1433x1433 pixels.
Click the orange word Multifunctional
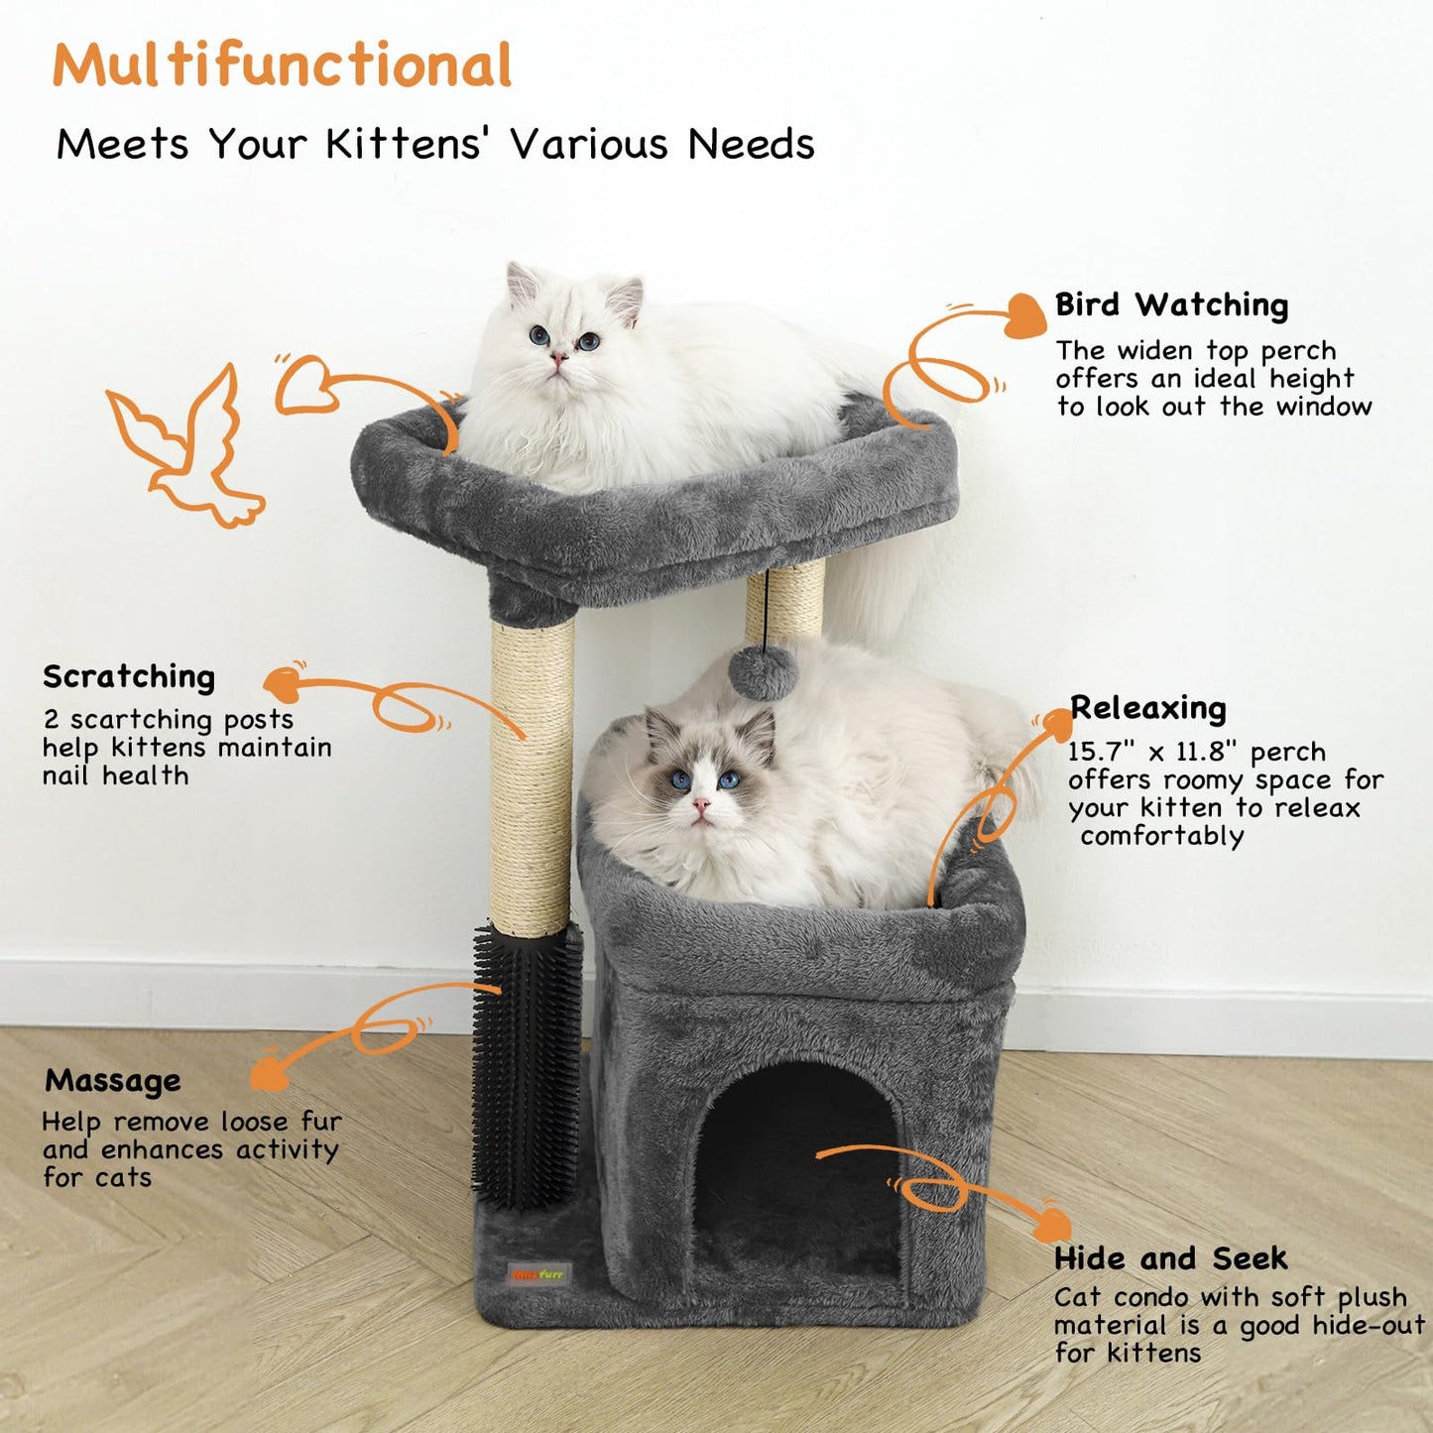(x=282, y=65)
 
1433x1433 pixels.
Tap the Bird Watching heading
(x=1171, y=305)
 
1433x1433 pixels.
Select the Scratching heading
(x=129, y=677)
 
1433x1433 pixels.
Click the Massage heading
(x=113, y=1080)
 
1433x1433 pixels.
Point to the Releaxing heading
(x=1148, y=708)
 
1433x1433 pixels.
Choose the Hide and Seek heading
(x=1170, y=1258)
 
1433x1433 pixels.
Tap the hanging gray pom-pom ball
(x=763, y=673)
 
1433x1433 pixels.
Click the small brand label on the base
(x=537, y=1274)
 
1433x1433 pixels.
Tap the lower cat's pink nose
(x=702, y=804)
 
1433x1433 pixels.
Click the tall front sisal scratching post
(x=533, y=774)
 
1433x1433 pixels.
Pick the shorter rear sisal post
(x=785, y=600)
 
